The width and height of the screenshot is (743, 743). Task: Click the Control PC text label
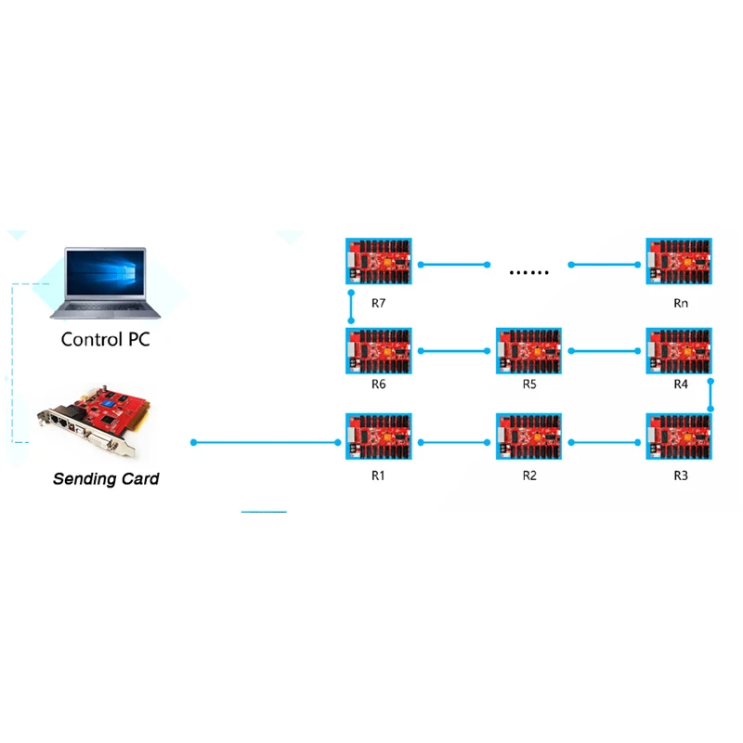point(105,340)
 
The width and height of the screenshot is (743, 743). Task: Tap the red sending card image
point(93,424)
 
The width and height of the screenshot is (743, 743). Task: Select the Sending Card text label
point(106,479)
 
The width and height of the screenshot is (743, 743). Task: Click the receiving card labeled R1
point(378,437)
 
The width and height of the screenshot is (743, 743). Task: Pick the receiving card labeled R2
point(528,437)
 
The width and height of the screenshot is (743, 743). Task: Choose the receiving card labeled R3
point(679,437)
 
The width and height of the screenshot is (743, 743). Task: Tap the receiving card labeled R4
point(679,350)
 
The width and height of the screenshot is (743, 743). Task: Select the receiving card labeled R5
point(528,350)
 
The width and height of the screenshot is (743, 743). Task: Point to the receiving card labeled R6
point(378,350)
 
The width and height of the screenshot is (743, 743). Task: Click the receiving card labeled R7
point(378,262)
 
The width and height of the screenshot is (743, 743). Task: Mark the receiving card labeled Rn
point(679,262)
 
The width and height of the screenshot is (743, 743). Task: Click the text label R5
point(529,384)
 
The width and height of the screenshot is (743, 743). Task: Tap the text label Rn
point(681,304)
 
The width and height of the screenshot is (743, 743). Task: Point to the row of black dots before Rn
point(529,273)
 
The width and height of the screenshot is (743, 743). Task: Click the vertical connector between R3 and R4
point(710,395)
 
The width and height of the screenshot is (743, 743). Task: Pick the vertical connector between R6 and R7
point(351,306)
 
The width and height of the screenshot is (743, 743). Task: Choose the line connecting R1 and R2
point(455,443)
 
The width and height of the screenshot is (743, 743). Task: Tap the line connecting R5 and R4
point(606,351)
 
